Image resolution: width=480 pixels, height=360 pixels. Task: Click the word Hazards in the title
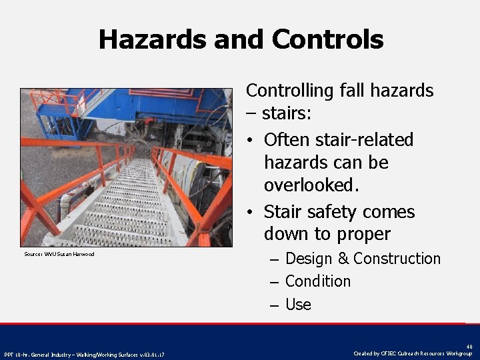[152, 40]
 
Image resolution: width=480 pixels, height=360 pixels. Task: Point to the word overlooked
[311, 185]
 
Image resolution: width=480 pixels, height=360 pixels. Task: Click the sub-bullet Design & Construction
[363, 259]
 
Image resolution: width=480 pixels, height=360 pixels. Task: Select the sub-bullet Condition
[317, 281]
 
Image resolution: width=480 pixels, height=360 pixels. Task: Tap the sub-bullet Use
[298, 305]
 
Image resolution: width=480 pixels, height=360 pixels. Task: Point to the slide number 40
[469, 346]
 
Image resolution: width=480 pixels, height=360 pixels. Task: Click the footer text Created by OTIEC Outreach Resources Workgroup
[413, 353]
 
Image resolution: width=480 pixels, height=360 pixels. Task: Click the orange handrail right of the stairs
[193, 193]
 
